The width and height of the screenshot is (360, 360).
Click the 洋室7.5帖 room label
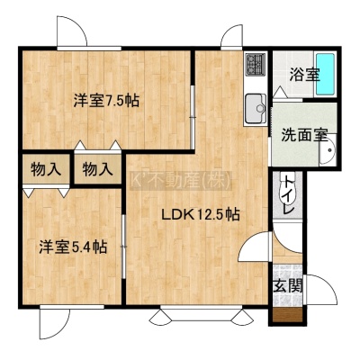pyautogui.click(x=106, y=101)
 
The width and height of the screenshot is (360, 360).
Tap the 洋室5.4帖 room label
pyautogui.click(x=73, y=247)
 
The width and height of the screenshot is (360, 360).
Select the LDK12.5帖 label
pyautogui.click(x=201, y=215)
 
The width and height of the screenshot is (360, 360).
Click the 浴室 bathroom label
pyautogui.click(x=304, y=75)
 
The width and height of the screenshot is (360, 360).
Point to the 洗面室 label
pyautogui.click(x=304, y=135)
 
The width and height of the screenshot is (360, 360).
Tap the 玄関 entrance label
pyautogui.click(x=288, y=286)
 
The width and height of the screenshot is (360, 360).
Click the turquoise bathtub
pyautogui.click(x=326, y=74)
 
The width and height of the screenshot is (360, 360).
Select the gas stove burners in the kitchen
pyautogui.click(x=256, y=64)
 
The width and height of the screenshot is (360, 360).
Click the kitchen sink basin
pyautogui.click(x=256, y=109)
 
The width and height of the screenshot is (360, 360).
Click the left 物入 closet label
pyautogui.click(x=46, y=169)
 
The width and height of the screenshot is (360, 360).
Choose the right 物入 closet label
pyautogui.click(x=98, y=169)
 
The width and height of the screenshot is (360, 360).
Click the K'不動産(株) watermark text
pyautogui.click(x=181, y=181)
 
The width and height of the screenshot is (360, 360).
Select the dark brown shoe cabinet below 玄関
pyautogui.click(x=288, y=315)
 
